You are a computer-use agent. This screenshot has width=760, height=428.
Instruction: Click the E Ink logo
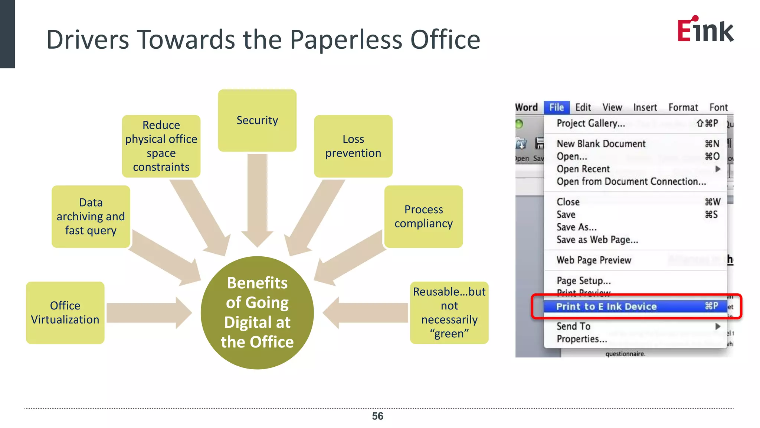(705, 29)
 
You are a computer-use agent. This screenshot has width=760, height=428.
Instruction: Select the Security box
(257, 120)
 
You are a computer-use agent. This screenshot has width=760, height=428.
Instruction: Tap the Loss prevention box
(353, 146)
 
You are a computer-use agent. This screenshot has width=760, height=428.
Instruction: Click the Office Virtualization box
(65, 312)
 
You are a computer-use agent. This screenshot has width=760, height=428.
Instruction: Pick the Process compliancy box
(423, 217)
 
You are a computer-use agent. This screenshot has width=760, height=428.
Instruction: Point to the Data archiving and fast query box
(91, 217)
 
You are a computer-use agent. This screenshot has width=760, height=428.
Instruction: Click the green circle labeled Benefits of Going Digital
(257, 312)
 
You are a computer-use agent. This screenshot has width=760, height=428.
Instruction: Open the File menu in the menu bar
(556, 107)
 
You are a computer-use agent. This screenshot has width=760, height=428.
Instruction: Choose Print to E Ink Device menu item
(606, 307)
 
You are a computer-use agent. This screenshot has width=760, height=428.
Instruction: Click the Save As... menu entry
(576, 227)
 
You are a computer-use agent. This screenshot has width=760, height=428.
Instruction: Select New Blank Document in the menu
(601, 144)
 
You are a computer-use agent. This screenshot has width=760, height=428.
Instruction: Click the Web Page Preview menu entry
(594, 260)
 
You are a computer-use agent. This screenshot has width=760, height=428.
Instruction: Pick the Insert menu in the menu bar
(645, 107)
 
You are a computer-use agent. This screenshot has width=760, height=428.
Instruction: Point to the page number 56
(377, 416)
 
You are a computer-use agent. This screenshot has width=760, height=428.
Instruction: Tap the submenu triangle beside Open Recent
(718, 169)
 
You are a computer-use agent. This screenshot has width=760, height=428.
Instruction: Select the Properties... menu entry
(582, 339)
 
